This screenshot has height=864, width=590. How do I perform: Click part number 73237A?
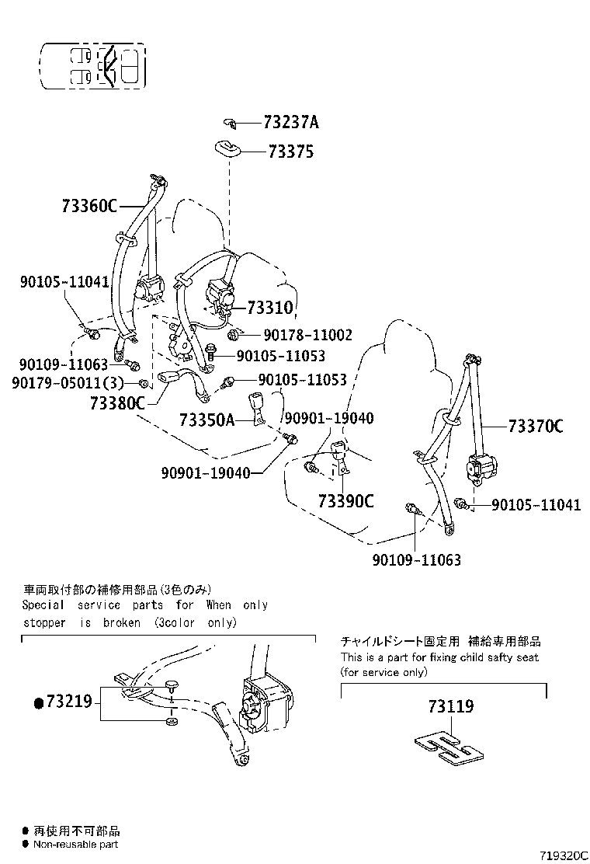click(x=291, y=123)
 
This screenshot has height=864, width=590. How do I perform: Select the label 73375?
click(x=290, y=152)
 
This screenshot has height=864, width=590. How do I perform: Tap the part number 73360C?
click(x=88, y=206)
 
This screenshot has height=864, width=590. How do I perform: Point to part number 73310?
click(x=270, y=308)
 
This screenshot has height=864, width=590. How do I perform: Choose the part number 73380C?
click(x=117, y=402)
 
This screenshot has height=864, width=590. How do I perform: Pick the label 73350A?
click(x=206, y=420)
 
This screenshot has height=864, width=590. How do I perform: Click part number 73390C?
click(x=345, y=501)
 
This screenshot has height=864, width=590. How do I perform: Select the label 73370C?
click(x=536, y=426)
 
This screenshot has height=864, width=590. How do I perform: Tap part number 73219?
click(x=69, y=702)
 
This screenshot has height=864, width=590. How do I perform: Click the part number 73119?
click(x=450, y=706)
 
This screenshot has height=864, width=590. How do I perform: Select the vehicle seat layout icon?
click(x=93, y=64)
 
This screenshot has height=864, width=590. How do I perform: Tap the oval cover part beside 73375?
click(x=226, y=147)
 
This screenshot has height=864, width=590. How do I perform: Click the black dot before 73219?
click(x=37, y=703)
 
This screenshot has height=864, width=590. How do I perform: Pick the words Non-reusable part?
click(x=75, y=844)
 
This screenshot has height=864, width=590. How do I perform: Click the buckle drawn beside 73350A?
click(x=256, y=408)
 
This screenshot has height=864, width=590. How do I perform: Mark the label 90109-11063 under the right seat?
click(x=416, y=559)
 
